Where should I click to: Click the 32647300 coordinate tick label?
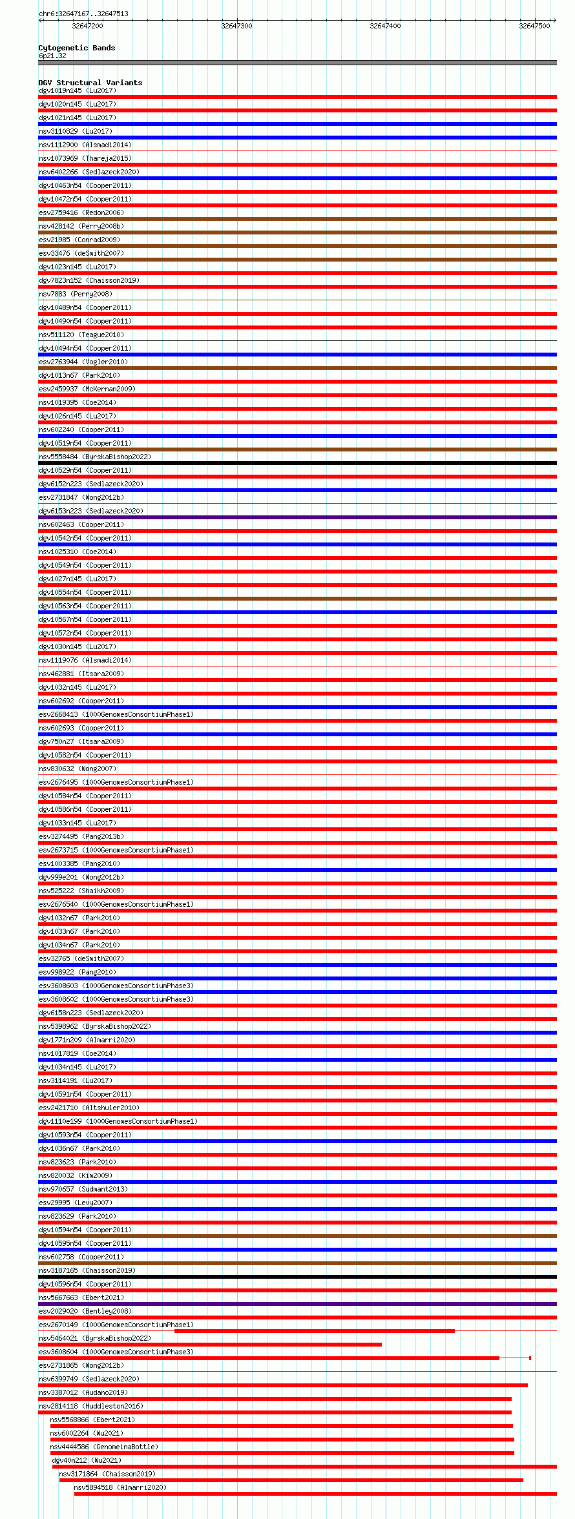click(236, 26)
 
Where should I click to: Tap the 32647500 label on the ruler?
click(534, 26)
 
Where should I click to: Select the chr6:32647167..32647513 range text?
click(83, 14)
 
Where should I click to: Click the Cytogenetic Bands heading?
click(77, 48)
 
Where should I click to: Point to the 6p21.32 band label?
click(52, 56)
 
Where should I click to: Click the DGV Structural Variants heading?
click(90, 83)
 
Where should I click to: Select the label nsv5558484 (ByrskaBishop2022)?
click(95, 457)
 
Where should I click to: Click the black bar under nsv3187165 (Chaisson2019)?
click(297, 1277)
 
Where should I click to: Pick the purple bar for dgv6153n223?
click(297, 517)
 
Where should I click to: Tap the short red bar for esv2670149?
click(314, 1331)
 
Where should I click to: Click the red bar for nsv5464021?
click(210, 1345)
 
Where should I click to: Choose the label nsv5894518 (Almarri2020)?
click(120, 1487)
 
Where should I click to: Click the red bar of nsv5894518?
click(315, 1494)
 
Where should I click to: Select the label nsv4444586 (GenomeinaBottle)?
click(104, 1447)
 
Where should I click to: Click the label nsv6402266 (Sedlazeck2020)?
click(89, 172)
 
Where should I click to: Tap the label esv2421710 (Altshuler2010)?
click(89, 1108)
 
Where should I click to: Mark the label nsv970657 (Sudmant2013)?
click(83, 1189)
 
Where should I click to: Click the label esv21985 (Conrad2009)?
click(79, 240)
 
